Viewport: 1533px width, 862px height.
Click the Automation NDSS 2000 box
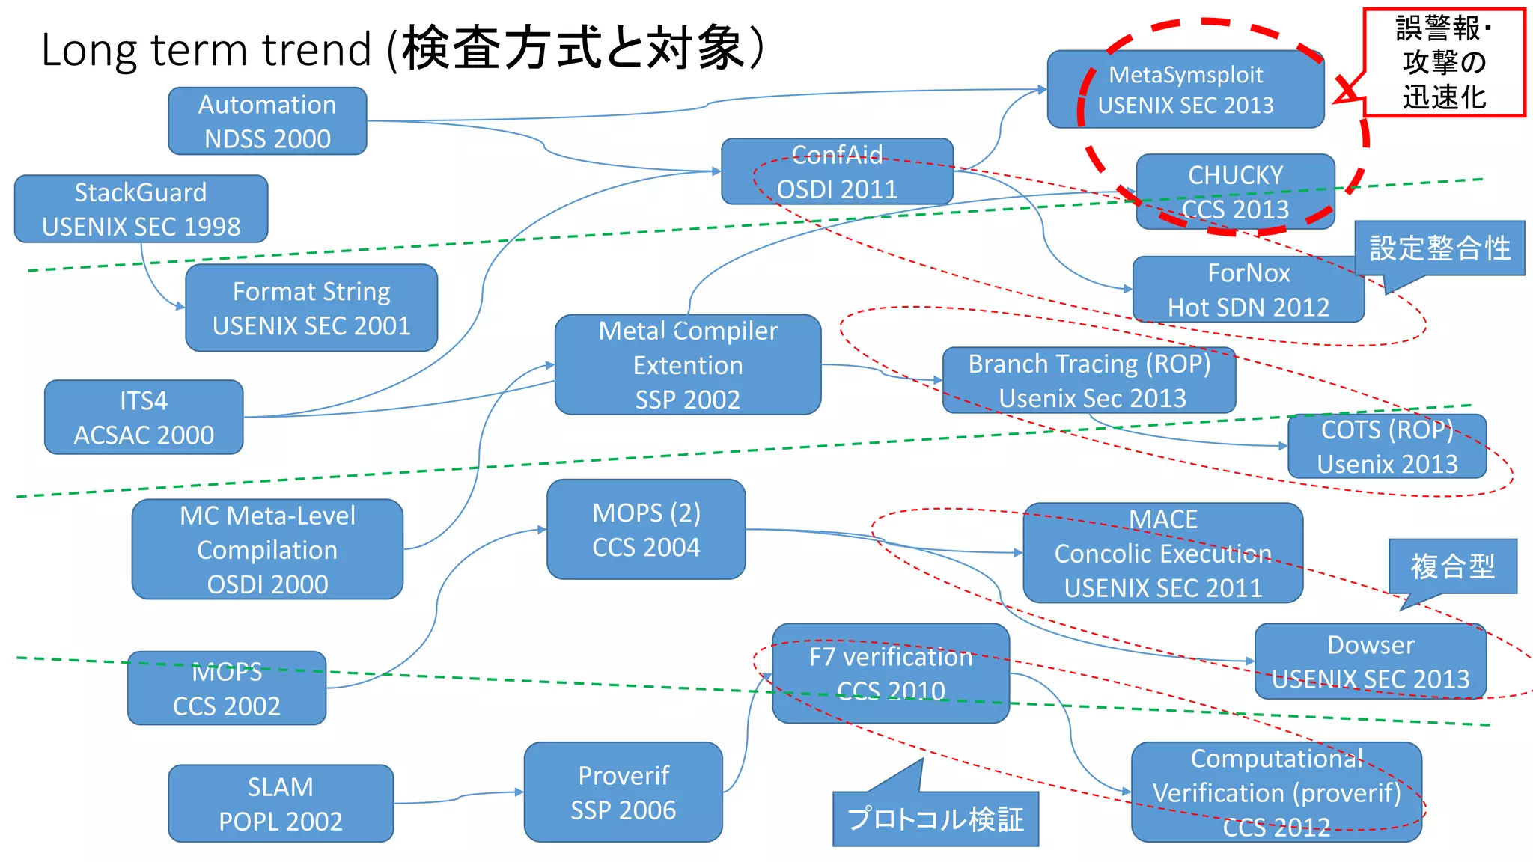click(x=267, y=121)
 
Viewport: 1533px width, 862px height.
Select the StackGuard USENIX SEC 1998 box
click(x=141, y=209)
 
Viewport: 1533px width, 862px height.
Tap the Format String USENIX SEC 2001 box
click(x=311, y=308)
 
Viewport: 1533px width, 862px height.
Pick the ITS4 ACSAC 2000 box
click(x=144, y=418)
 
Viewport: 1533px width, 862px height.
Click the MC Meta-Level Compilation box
click(x=267, y=549)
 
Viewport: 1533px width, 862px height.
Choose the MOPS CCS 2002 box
click(x=227, y=688)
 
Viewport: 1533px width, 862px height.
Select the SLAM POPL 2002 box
click(x=281, y=804)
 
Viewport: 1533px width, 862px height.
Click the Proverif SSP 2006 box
click(x=623, y=792)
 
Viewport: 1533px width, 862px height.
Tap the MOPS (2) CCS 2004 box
click(x=646, y=530)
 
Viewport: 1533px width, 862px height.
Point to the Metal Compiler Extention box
click(x=687, y=365)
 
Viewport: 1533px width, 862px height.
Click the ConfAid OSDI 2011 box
click(x=837, y=171)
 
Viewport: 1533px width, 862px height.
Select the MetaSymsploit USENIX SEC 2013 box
click(x=1185, y=90)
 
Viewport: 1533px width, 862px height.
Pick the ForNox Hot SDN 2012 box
click(x=1248, y=290)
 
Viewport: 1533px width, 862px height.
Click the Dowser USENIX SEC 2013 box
click(x=1370, y=661)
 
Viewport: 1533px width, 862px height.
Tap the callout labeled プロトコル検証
click(x=935, y=819)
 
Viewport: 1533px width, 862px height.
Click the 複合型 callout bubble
click(x=1452, y=566)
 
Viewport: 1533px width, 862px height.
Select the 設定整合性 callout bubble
click(x=1439, y=248)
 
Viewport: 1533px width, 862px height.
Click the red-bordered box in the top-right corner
click(x=1443, y=63)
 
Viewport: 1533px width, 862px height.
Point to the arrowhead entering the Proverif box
click(x=519, y=792)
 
